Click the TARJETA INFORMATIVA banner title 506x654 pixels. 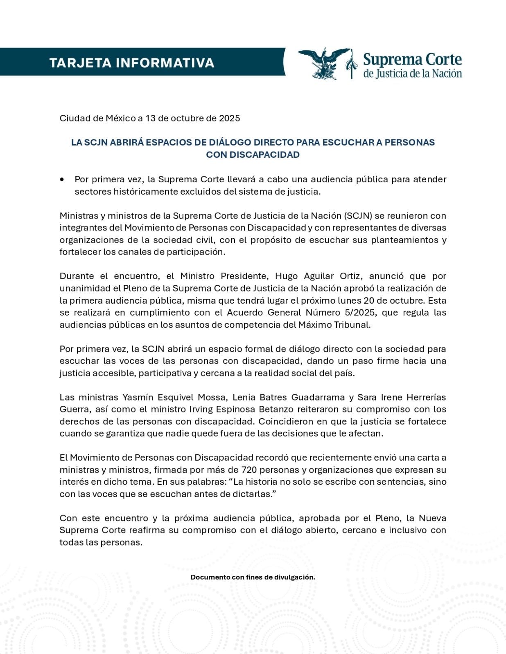click(x=131, y=63)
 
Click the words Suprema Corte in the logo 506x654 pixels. click(x=412, y=60)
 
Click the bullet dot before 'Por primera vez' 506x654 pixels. click(x=62, y=179)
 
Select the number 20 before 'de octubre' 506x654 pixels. click(x=369, y=301)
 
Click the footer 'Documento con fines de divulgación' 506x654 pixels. click(x=253, y=577)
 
